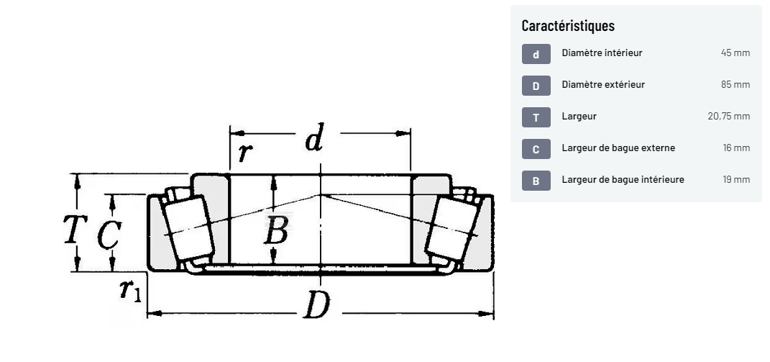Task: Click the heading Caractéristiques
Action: coord(568,26)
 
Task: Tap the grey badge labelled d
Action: coord(536,53)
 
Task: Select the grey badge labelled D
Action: coord(536,86)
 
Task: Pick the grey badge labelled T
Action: coord(536,117)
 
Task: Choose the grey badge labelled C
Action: coord(536,149)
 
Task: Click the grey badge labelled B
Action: coord(536,181)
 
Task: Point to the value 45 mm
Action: coord(735,53)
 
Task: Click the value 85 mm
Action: coord(735,85)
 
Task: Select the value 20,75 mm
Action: coord(729,117)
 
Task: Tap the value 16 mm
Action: coord(736,148)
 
